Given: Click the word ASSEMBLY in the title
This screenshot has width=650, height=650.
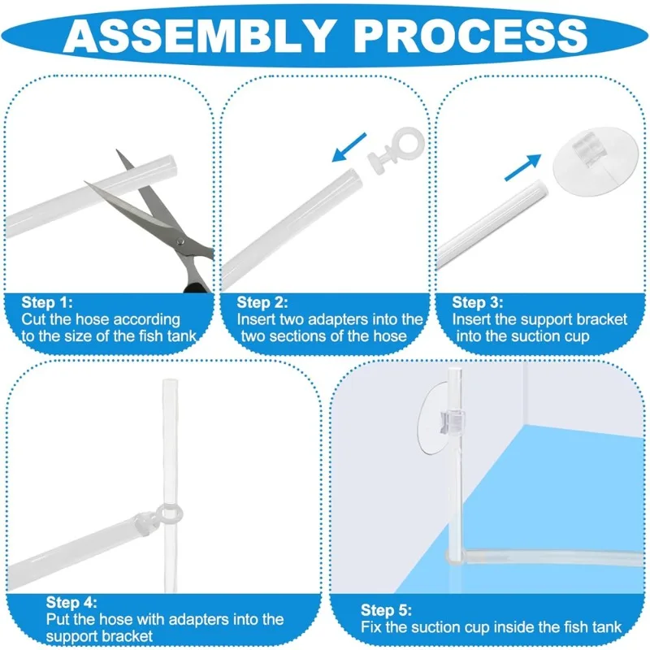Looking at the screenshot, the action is coord(198,36).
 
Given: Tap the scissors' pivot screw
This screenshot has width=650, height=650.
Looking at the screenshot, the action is coord(180,241).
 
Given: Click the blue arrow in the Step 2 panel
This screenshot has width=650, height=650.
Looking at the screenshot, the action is coord(349,147).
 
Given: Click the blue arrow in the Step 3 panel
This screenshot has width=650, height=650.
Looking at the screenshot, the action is coord(522,167).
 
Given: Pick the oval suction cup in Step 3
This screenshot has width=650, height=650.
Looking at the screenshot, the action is coord(590,161).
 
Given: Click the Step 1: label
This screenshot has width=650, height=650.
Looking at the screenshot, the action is coord(47,301).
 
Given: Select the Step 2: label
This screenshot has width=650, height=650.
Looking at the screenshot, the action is coord(262,301).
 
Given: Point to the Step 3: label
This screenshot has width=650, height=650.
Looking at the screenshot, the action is coord(478,301).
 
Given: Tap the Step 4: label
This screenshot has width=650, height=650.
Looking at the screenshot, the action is coord(71,602).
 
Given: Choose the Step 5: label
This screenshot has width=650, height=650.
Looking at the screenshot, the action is coord(387,610).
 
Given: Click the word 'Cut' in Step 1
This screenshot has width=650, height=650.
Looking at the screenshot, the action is coord(33,319).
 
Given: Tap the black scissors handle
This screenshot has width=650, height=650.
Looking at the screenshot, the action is coord(197,287).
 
